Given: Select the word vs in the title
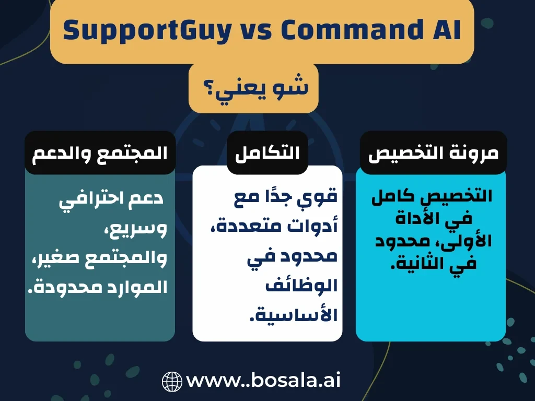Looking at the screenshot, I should (x=257, y=31).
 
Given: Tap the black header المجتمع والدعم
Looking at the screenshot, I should (x=100, y=153).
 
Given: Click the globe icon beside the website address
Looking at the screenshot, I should (x=172, y=382).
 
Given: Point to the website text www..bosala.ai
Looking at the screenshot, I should (x=263, y=381).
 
